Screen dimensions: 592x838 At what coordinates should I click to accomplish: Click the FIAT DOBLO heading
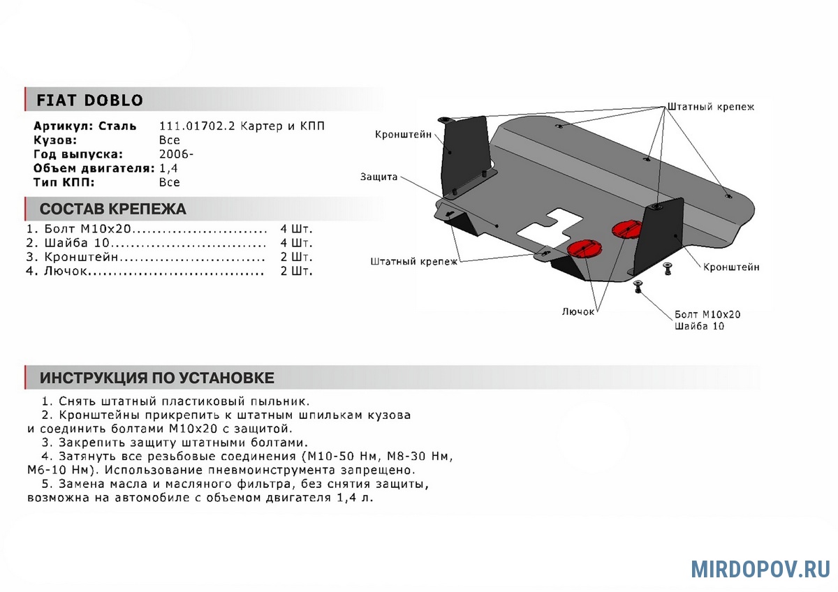coord(89,100)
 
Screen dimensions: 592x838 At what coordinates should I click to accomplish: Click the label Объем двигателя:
coord(94,168)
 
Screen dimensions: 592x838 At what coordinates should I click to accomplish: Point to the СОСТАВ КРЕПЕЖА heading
coord(112,209)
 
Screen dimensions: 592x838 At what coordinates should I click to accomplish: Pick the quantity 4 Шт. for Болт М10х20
coord(297,229)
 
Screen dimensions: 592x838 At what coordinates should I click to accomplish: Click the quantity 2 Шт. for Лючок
coord(297,271)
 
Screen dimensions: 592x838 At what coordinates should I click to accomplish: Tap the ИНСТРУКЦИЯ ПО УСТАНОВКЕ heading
coord(156,378)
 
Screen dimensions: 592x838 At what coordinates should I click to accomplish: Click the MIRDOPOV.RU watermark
coord(760,569)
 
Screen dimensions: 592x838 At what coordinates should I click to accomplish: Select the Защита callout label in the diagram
coord(379,177)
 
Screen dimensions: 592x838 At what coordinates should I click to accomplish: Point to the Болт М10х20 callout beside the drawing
coord(707,314)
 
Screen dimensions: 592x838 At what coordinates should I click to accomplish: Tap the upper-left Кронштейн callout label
coord(403,134)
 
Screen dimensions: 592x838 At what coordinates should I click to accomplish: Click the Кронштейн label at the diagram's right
coord(731,267)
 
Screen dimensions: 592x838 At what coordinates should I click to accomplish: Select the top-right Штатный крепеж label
coord(710,107)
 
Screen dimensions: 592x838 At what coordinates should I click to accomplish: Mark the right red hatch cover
coord(626,228)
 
